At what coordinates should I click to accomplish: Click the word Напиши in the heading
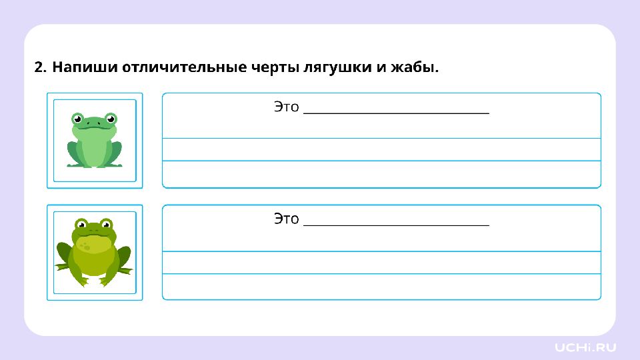click(85, 67)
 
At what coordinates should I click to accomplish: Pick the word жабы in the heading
click(413, 67)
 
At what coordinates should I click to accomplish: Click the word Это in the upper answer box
click(287, 107)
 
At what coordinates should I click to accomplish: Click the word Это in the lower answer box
click(287, 219)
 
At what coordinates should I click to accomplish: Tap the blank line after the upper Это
click(396, 113)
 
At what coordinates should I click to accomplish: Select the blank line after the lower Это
click(396, 225)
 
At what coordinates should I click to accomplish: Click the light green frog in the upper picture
click(94, 140)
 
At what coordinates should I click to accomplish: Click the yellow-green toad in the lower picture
click(94, 252)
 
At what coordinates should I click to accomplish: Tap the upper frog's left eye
click(77, 119)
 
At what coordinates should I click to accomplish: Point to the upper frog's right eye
click(111, 119)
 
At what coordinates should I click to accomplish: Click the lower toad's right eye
click(106, 224)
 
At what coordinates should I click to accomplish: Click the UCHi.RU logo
click(585, 347)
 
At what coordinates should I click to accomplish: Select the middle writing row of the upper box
click(381, 150)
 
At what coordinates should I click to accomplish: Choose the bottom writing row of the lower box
click(381, 287)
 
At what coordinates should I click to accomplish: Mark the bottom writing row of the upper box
click(381, 174)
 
